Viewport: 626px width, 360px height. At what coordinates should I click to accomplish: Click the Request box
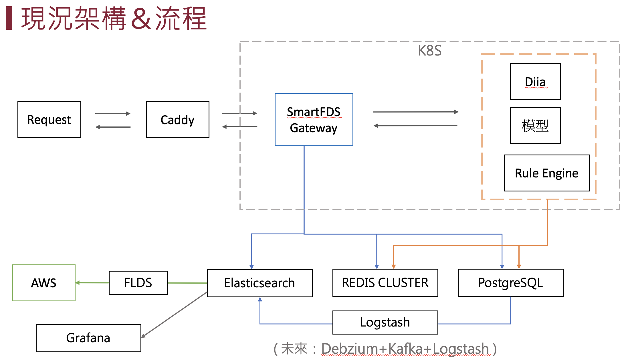(49, 119)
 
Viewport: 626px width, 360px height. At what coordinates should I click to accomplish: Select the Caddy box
(177, 120)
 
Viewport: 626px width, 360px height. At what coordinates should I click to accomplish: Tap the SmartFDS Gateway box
(314, 120)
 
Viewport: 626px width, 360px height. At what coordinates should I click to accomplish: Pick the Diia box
(535, 82)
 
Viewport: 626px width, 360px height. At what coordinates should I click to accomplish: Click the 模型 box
(535, 125)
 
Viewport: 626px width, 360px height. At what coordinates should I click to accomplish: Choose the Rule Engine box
(547, 173)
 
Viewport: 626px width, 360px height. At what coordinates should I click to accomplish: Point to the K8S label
(429, 51)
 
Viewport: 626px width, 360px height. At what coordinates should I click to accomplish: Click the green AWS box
(44, 283)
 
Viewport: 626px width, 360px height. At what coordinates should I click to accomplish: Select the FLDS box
(138, 283)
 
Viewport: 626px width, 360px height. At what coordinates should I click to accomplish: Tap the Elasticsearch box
(259, 283)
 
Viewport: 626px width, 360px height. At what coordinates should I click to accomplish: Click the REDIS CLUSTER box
(385, 283)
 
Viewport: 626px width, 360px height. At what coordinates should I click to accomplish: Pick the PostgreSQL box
(510, 283)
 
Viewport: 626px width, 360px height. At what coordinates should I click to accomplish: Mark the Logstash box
(385, 322)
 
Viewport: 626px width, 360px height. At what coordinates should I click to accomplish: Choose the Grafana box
(88, 338)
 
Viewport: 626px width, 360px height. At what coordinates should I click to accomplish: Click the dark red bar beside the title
(9, 18)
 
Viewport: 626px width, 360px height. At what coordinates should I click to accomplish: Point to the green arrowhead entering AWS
(78, 283)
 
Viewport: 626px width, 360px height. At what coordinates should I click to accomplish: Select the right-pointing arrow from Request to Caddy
(113, 114)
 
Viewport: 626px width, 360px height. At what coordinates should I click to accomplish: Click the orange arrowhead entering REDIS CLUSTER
(394, 266)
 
